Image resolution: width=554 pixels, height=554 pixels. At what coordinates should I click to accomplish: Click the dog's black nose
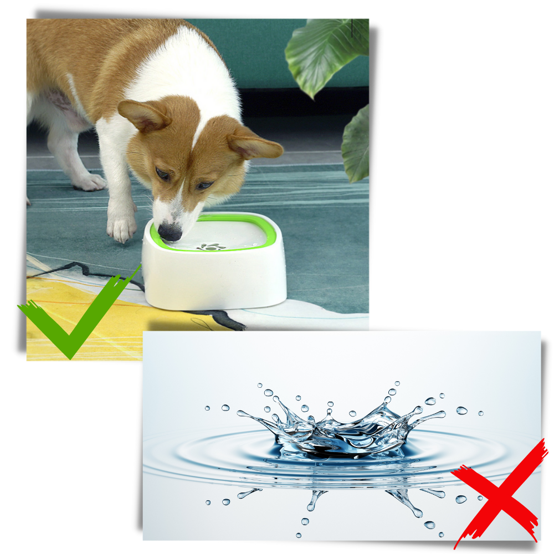(x=169, y=232)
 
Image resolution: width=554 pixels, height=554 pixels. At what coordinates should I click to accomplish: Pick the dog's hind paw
(x=89, y=181)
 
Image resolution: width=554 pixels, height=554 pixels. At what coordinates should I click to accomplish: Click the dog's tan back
(x=72, y=50)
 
